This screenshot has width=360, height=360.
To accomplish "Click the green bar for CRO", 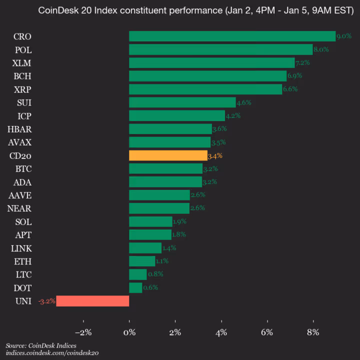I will pyautogui.click(x=232, y=36).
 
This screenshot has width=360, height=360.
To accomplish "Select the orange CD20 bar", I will pyautogui.click(x=168, y=155).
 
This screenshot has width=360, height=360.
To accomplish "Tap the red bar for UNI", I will pyautogui.click(x=92, y=301).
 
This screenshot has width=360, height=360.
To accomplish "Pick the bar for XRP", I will pyautogui.click(x=205, y=89).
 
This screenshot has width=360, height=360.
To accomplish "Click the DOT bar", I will pyautogui.click(x=135, y=288).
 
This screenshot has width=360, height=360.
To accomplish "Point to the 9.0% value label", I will pyautogui.click(x=343, y=36).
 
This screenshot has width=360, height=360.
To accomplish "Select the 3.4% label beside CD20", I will pyautogui.click(x=215, y=155).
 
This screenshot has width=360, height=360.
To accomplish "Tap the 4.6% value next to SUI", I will pyautogui.click(x=243, y=102).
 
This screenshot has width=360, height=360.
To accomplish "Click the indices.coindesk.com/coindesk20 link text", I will pyautogui.click(x=52, y=353).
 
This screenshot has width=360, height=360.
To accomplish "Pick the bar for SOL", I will pyautogui.click(x=150, y=221).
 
